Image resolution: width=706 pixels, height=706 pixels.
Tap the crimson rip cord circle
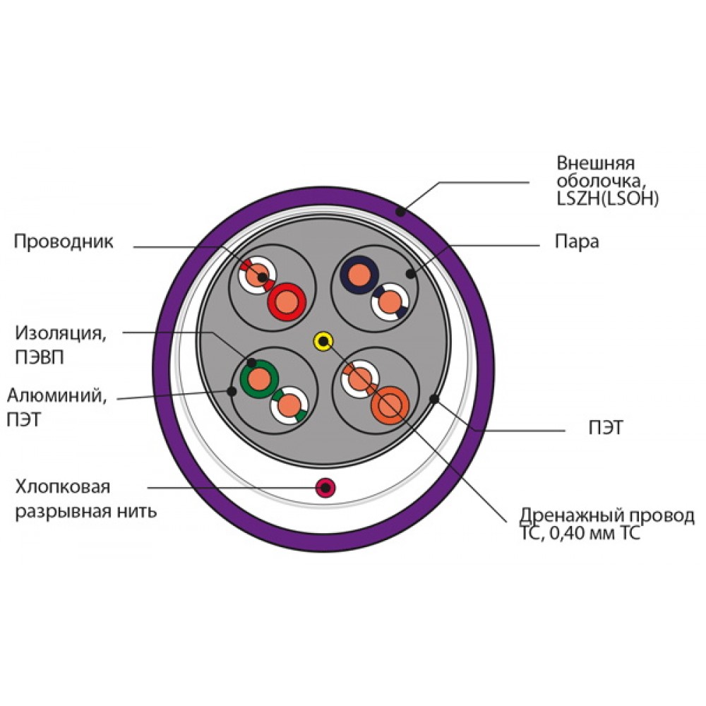point(325,488)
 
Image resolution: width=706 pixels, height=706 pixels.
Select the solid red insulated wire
point(287,301)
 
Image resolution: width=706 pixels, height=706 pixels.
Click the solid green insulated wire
point(259,378)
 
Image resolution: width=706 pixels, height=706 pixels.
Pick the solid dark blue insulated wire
point(359,275)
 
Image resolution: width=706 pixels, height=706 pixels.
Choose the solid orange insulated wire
point(390,405)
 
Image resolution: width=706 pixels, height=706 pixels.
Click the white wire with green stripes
point(289,405)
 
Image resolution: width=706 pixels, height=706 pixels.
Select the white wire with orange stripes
point(360,379)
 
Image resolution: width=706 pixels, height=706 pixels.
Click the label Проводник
point(64,241)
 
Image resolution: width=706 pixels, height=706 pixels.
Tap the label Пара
point(577,241)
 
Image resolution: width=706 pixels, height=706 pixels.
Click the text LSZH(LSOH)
point(608,198)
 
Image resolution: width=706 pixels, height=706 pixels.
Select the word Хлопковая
point(63,487)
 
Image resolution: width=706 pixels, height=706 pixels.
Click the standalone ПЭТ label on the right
point(606,428)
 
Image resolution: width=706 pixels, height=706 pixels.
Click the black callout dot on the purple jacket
point(400,210)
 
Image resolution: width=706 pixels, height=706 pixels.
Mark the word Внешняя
point(596,163)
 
